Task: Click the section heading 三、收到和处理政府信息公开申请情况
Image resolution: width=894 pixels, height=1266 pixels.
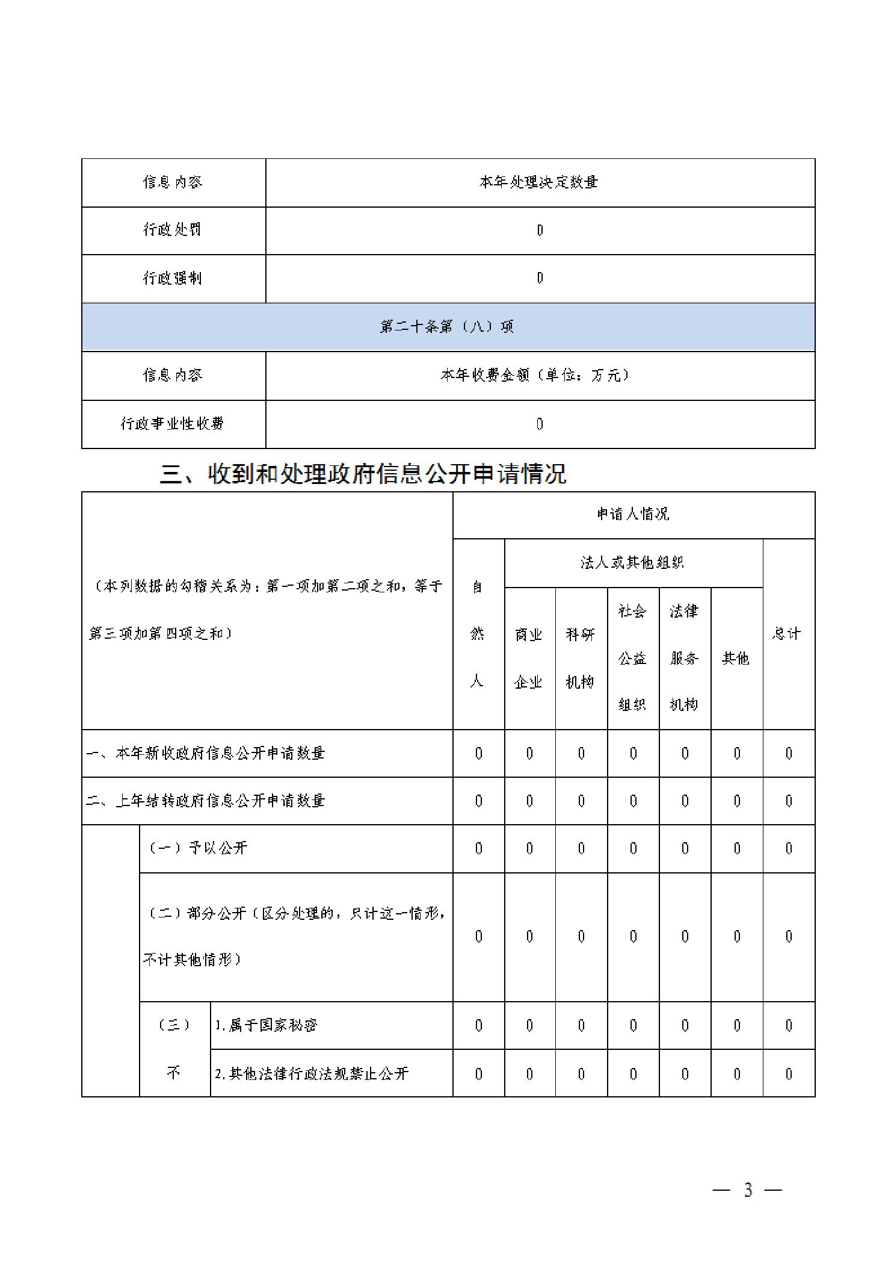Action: tap(363, 474)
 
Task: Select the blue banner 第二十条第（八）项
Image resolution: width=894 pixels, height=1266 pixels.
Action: tap(448, 327)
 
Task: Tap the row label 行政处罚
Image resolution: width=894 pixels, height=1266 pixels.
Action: tap(172, 230)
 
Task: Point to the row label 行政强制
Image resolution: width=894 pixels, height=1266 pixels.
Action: tap(172, 278)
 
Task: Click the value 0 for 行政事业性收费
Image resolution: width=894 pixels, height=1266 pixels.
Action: tap(540, 424)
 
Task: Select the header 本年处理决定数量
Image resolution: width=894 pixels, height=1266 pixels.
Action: tap(539, 182)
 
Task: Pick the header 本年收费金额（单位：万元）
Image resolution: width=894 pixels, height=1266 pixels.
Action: tap(535, 376)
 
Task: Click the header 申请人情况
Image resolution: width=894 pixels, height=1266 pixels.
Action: tap(633, 514)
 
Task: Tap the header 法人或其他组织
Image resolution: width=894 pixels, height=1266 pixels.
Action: tap(633, 563)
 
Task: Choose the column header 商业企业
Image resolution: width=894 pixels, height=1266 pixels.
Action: tap(529, 658)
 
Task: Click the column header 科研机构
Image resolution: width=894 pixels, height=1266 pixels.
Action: tap(581, 658)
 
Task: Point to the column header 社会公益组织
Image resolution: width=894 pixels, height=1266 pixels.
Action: tap(633, 658)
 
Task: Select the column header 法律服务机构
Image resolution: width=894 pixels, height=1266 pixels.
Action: tap(684, 658)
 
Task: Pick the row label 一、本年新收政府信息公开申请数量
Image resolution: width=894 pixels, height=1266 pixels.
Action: tap(206, 753)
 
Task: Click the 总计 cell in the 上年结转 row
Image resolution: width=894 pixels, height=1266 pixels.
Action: tap(789, 801)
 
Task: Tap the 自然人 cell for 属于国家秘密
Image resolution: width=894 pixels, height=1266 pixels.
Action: tap(478, 1025)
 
